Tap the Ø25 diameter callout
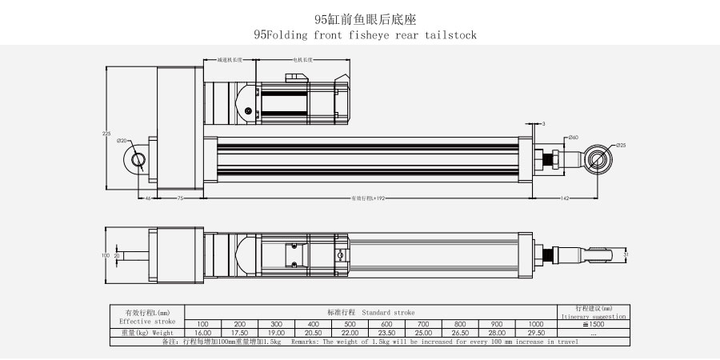click(x=621, y=146)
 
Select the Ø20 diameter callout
click(x=122, y=140)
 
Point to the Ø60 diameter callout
click(x=573, y=138)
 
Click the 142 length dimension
click(x=565, y=197)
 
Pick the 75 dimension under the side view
click(x=180, y=197)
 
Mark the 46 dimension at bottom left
click(x=148, y=197)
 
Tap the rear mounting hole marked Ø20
click(x=138, y=160)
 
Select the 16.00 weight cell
click(x=202, y=332)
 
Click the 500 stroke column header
click(x=350, y=323)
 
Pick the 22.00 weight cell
click(x=350, y=332)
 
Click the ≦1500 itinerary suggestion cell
click(x=593, y=323)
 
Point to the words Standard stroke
click(x=388, y=311)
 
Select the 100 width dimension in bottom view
click(x=104, y=255)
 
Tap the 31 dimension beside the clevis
click(x=626, y=255)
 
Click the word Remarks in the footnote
click(x=305, y=342)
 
